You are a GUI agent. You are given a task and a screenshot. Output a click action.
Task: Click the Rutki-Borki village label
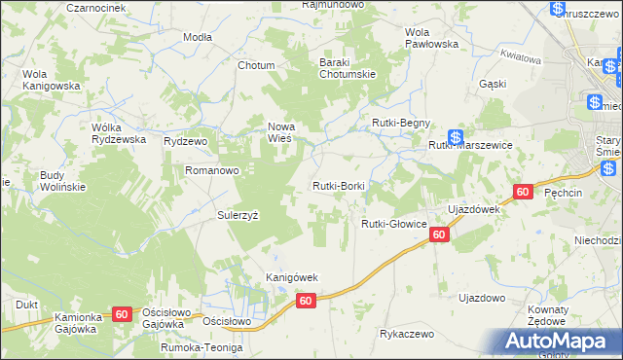(338, 186)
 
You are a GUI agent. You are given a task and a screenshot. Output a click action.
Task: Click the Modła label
(198, 36)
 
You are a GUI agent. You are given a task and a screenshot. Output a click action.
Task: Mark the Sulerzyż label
(238, 215)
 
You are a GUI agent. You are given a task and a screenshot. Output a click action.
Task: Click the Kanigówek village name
(293, 277)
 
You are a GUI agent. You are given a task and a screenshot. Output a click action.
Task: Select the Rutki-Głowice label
(394, 224)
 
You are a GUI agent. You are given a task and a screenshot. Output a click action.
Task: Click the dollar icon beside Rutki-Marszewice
(455, 139)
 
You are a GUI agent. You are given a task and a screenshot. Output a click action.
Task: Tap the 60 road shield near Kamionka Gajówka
(122, 314)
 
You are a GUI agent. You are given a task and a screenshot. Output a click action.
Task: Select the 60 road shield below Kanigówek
(306, 302)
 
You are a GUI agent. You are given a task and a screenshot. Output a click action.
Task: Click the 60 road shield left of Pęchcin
(523, 193)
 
